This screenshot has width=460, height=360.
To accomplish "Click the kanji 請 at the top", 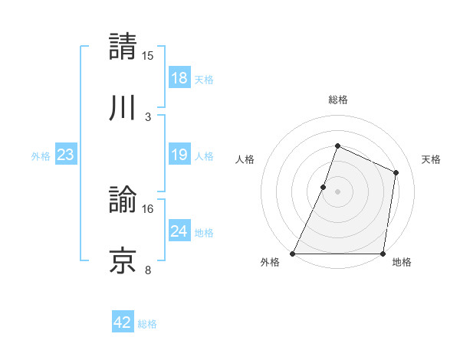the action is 123,46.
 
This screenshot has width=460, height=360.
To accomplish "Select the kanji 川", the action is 123,107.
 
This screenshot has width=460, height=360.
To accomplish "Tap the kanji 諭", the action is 123,200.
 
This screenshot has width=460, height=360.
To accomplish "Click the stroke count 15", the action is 148,55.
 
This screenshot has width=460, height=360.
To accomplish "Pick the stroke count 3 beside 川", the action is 148,116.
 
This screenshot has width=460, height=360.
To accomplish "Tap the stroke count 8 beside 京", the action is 148,270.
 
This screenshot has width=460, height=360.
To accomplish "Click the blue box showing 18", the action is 179,77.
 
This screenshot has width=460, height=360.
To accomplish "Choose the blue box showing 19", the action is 179,155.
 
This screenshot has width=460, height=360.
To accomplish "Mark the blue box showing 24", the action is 179,231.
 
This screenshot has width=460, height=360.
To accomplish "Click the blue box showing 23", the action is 66,155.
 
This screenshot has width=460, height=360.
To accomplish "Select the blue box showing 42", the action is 123,322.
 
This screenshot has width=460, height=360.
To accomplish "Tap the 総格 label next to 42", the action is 147,324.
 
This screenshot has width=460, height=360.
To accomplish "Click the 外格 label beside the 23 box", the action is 41,156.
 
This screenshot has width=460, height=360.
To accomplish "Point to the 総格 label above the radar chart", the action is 337,100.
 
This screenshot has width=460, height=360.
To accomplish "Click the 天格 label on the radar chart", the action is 431,159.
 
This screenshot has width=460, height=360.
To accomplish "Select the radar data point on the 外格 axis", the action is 293,254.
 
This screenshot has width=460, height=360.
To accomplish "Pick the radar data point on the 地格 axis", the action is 383,254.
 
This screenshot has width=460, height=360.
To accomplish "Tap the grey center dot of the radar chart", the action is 337,191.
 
